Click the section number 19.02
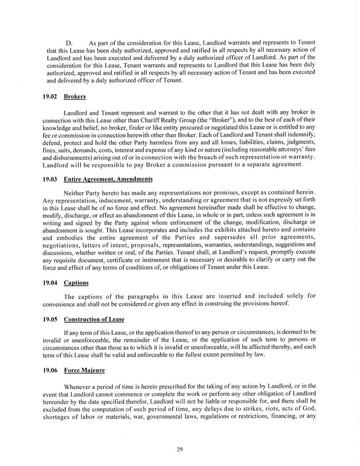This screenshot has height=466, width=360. click(49, 97)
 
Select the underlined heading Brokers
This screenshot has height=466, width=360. click(75, 97)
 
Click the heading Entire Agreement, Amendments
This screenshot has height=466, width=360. click(108, 179)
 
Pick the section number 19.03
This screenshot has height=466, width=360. click(49, 179)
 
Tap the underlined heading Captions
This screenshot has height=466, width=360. click(76, 283)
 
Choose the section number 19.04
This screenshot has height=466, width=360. click(49, 283)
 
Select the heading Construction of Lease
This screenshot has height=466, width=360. click(94, 320)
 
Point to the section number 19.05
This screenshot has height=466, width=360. click(49, 320)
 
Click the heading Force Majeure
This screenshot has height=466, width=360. click(84, 370)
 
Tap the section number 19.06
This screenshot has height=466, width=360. click(49, 370)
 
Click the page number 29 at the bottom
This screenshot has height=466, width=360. click(180, 449)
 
